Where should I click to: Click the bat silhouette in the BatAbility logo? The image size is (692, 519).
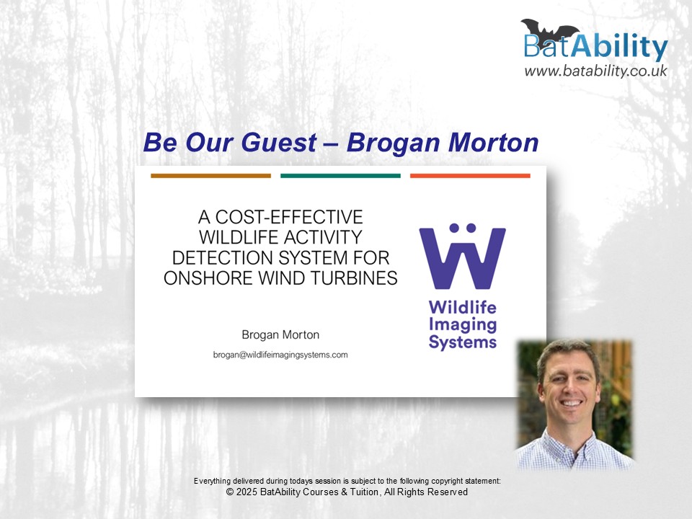click(x=550, y=31)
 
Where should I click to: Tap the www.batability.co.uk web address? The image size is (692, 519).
click(x=596, y=71)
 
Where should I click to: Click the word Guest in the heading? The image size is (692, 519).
click(x=279, y=143)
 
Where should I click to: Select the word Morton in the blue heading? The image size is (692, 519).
click(x=493, y=143)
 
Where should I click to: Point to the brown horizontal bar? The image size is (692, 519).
click(x=211, y=176)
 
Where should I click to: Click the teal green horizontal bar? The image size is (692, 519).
click(x=340, y=176)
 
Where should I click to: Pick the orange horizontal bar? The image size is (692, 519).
click(x=470, y=176)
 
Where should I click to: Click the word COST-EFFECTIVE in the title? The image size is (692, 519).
click(x=289, y=217)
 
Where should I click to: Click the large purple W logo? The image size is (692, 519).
click(x=462, y=256)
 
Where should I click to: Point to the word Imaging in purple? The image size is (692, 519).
click(x=463, y=324)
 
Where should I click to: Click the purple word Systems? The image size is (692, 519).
click(x=463, y=342)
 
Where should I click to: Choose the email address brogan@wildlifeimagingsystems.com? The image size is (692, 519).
click(x=280, y=355)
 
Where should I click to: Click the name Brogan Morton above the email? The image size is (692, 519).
click(x=280, y=334)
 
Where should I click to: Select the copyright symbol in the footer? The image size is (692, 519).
click(x=230, y=492)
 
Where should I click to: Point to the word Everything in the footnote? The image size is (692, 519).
click(x=212, y=481)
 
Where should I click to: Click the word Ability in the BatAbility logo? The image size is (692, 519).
click(x=619, y=45)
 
